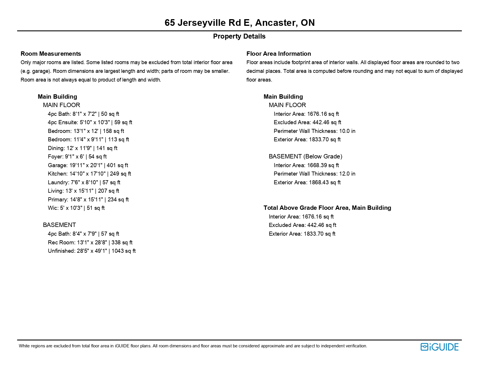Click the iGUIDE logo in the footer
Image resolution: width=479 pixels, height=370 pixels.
tap(439, 347)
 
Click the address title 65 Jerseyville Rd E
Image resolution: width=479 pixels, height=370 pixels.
tap(239, 23)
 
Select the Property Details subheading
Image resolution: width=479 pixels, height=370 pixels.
tap(239, 36)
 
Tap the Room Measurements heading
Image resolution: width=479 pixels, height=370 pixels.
tap(51, 54)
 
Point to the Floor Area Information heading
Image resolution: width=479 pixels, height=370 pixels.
tap(278, 54)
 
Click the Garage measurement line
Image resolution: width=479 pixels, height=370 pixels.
tap(88, 165)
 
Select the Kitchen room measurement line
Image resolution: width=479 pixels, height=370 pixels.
tap(89, 174)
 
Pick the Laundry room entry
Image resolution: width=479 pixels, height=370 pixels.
tap(84, 182)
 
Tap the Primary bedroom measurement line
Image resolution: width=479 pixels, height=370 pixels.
tap(88, 199)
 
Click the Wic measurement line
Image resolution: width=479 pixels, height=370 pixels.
tap(76, 208)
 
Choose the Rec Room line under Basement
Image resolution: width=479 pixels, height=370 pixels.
tap(90, 242)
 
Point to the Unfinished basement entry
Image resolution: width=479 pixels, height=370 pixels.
tap(92, 251)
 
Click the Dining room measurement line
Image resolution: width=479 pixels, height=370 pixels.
tap(82, 148)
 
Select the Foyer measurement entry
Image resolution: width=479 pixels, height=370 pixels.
tap(77, 156)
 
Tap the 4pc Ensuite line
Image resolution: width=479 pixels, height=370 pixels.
tap(90, 122)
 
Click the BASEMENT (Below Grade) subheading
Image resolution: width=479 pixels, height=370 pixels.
tap(305, 156)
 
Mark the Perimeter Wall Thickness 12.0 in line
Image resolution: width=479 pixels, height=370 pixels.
tap(314, 174)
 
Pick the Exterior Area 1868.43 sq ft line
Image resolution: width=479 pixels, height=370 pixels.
tap(307, 182)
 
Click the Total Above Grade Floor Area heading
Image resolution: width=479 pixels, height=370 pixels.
tap(327, 208)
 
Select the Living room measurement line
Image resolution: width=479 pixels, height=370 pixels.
tap(83, 191)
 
